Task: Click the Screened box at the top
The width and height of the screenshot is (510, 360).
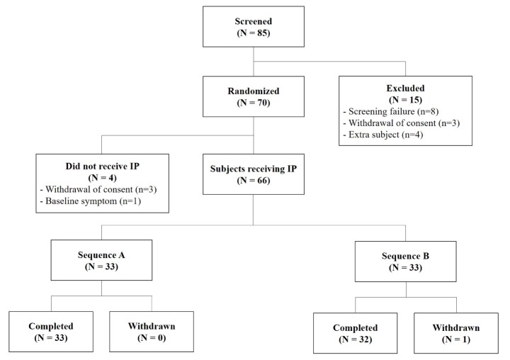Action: pyautogui.click(x=254, y=26)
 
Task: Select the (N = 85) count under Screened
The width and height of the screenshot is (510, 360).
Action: pyautogui.click(x=254, y=33)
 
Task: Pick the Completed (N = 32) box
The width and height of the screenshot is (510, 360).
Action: pyautogui.click(x=356, y=333)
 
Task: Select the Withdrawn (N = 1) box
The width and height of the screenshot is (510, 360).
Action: pyautogui.click(x=456, y=333)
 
